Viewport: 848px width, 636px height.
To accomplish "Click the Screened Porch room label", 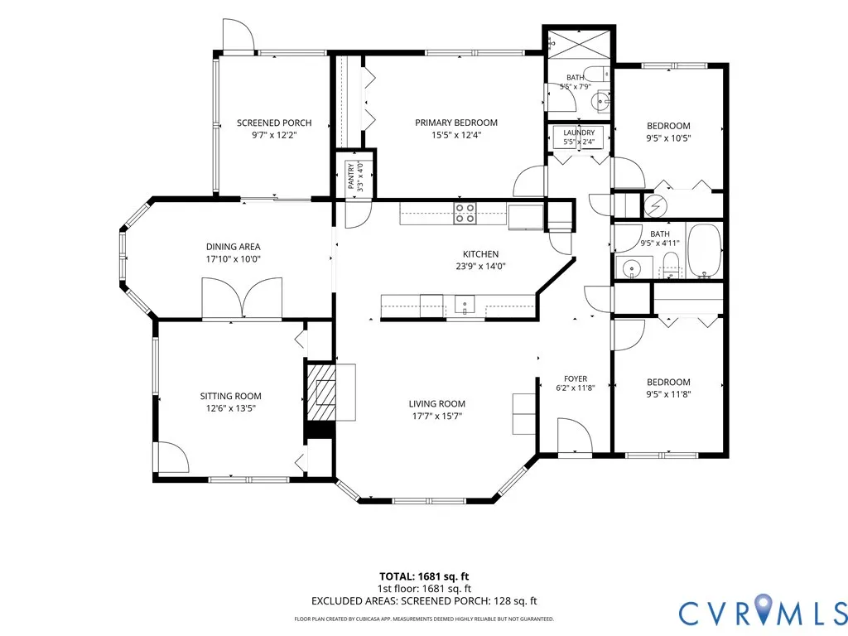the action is tap(274, 123).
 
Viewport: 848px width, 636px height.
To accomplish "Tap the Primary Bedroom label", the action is tap(456, 123).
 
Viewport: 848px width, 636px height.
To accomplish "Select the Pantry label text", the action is tap(350, 176).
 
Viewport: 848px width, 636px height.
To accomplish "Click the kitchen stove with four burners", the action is tap(465, 213).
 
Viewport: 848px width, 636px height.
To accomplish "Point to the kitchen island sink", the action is tap(464, 304).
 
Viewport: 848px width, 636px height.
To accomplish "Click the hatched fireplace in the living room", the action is tap(321, 393).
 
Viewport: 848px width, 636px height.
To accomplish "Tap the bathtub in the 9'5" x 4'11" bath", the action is tap(704, 250).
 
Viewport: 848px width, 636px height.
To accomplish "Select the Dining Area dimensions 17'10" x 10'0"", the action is tap(233, 259).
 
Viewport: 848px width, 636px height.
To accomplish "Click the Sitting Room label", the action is tap(230, 396).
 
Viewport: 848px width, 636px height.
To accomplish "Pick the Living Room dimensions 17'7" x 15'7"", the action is tap(437, 416).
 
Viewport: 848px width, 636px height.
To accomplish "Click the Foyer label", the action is tap(576, 378).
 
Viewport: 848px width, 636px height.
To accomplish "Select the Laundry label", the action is tap(579, 132).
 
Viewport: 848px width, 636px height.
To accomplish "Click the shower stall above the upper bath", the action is tap(579, 47).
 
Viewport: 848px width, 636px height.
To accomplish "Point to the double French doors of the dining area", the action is tap(242, 298).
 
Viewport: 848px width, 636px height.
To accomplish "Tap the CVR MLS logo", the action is tap(763, 612).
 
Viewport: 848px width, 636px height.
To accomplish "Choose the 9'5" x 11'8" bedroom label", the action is tap(668, 388).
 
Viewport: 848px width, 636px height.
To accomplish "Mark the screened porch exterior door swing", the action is tap(238, 36).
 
